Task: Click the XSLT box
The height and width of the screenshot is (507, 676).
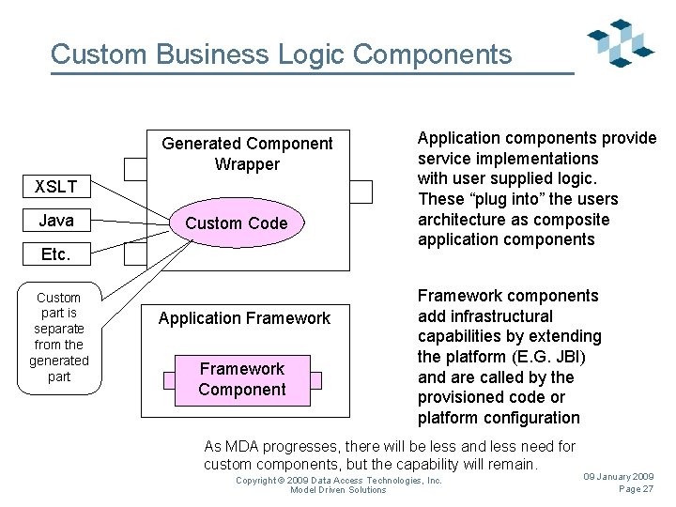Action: click(56, 186)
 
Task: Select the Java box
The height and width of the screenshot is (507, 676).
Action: click(56, 221)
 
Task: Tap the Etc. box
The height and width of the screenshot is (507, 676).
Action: click(56, 253)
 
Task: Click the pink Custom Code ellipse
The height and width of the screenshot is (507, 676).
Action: click(237, 223)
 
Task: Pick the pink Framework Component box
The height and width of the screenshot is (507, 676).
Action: click(242, 380)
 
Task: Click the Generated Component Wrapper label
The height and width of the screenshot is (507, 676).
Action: click(247, 154)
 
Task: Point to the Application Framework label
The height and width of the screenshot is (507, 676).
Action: click(244, 318)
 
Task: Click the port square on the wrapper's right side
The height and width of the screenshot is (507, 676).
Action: click(361, 192)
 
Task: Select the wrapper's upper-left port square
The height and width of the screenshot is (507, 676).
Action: click(135, 169)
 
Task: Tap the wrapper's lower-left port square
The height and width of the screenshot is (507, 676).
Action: click(135, 253)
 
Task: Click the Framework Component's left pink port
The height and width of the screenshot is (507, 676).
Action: click(169, 380)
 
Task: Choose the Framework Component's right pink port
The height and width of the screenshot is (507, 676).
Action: click(316, 380)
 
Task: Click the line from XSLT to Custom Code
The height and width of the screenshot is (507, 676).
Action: click(131, 200)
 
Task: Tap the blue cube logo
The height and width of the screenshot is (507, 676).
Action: click(621, 42)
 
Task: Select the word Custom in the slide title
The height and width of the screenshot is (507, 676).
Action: click(99, 54)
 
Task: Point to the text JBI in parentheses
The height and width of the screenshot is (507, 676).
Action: click(569, 357)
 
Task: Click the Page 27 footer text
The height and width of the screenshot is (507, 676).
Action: click(636, 489)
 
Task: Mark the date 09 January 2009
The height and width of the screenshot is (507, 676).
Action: click(619, 476)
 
